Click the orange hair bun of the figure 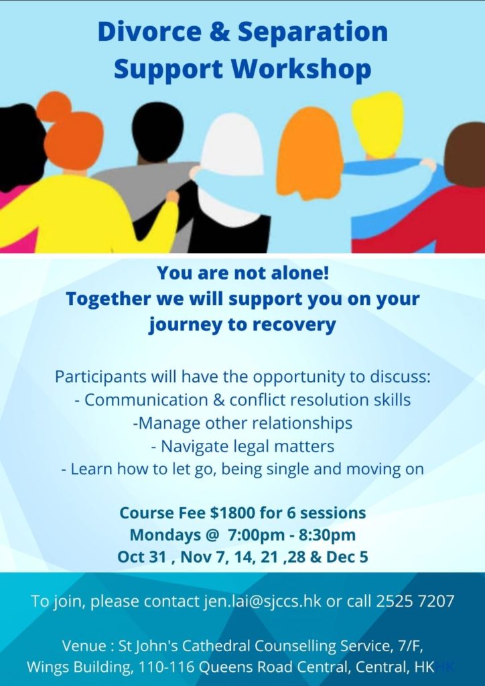[54, 107]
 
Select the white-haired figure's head [232, 144]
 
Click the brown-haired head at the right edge [465, 153]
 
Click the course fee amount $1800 [226, 513]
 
